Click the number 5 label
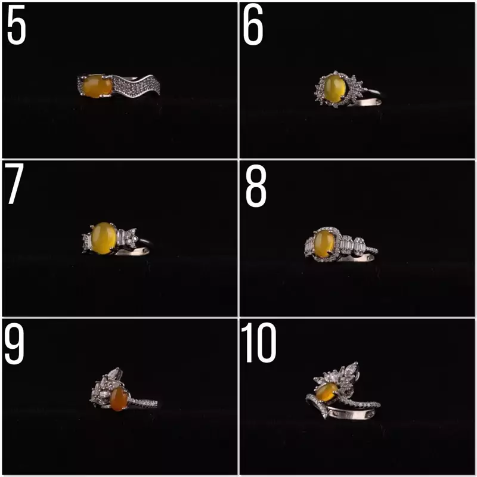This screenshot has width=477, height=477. (x=17, y=26)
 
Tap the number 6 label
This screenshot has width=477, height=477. (x=253, y=26)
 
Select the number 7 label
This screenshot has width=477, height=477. (x=14, y=184)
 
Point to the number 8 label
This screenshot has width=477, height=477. (x=256, y=186)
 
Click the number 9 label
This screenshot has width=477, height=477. (x=14, y=345)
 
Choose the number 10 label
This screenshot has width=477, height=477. (x=259, y=343)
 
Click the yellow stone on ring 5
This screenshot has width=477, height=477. (x=97, y=86)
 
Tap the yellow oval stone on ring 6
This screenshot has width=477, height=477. (x=334, y=88)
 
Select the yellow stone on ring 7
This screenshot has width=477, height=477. (x=104, y=238)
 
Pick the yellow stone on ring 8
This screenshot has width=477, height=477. (x=324, y=244)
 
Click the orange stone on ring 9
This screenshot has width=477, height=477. (x=119, y=398)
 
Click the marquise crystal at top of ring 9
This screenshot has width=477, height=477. (x=116, y=373)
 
